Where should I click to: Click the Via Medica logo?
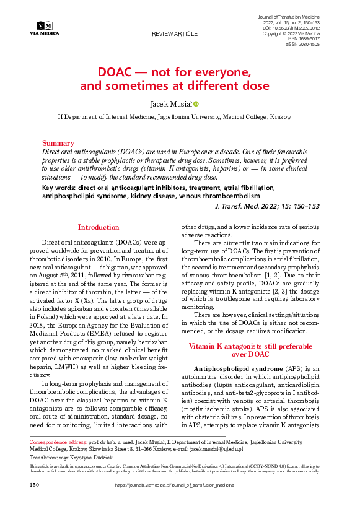44,27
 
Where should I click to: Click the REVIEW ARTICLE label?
175,33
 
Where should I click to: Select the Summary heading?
58,143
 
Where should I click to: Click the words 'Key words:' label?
59,188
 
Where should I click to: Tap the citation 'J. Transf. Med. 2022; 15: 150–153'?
266,206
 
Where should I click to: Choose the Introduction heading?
98,227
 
